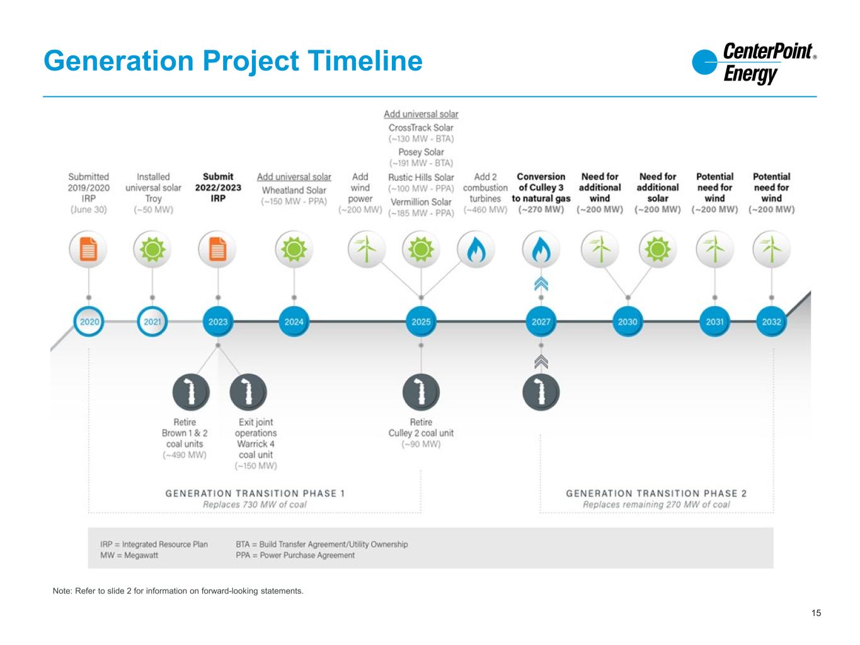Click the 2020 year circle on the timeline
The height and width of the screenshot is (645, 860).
coord(89,321)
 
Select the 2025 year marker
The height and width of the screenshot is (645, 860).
coord(421,321)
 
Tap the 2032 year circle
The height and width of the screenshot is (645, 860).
coord(771,321)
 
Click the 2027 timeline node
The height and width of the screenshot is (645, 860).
coord(541,321)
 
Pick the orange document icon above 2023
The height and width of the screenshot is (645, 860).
coord(217,249)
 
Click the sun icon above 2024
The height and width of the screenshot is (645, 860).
coord(294,249)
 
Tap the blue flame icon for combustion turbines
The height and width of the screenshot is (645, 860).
coord(476,249)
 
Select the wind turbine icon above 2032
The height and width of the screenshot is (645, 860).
coord(771,249)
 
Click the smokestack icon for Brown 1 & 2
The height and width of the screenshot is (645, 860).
coord(190,392)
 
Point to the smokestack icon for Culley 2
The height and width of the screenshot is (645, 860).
coord(421,392)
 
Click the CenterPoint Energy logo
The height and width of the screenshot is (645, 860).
coord(754,62)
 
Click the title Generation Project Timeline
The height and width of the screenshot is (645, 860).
coord(233,61)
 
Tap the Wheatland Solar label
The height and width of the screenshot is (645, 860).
coord(294,190)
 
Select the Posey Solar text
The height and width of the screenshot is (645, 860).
coord(421,152)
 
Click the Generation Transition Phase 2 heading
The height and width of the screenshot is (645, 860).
coord(656,493)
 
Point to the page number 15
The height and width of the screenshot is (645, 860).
coord(816,613)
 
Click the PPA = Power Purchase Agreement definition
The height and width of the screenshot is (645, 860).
coord(295,556)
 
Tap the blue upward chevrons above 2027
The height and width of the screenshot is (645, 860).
coord(541,284)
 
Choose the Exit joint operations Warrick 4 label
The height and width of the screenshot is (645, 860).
coord(256,438)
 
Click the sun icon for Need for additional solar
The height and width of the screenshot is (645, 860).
coord(657,249)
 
